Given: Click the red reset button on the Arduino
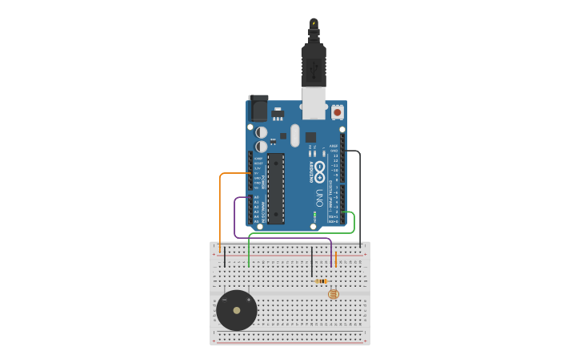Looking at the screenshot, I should coord(338,113).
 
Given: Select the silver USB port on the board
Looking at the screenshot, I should coord(314,103).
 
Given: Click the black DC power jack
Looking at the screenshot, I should coord(258,107).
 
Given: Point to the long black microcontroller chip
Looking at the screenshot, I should coord(276,188).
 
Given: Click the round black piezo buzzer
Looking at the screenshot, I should coord(236,310).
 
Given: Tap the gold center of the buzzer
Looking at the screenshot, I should coord(236,310).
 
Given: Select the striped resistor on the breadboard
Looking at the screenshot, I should coord(322,281).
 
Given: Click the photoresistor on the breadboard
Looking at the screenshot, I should coord(334,294).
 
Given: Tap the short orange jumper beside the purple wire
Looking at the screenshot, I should coord(336,259).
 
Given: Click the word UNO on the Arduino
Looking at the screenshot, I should coord(319,197).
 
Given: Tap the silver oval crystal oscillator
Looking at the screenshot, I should coord(294,135).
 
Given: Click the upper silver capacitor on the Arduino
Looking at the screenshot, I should coord(262,132).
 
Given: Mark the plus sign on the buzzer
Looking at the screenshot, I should coord(249,300).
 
